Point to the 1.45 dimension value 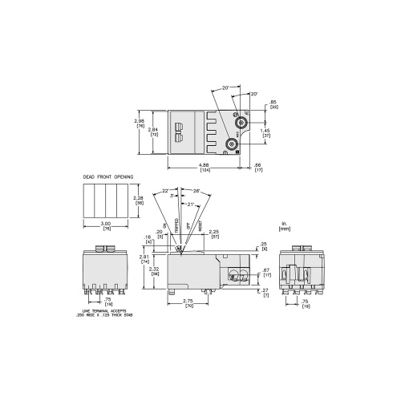[265, 130]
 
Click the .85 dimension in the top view [273, 101]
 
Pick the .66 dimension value [257, 164]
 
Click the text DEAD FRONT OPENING [107, 176]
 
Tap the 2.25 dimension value [213, 233]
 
